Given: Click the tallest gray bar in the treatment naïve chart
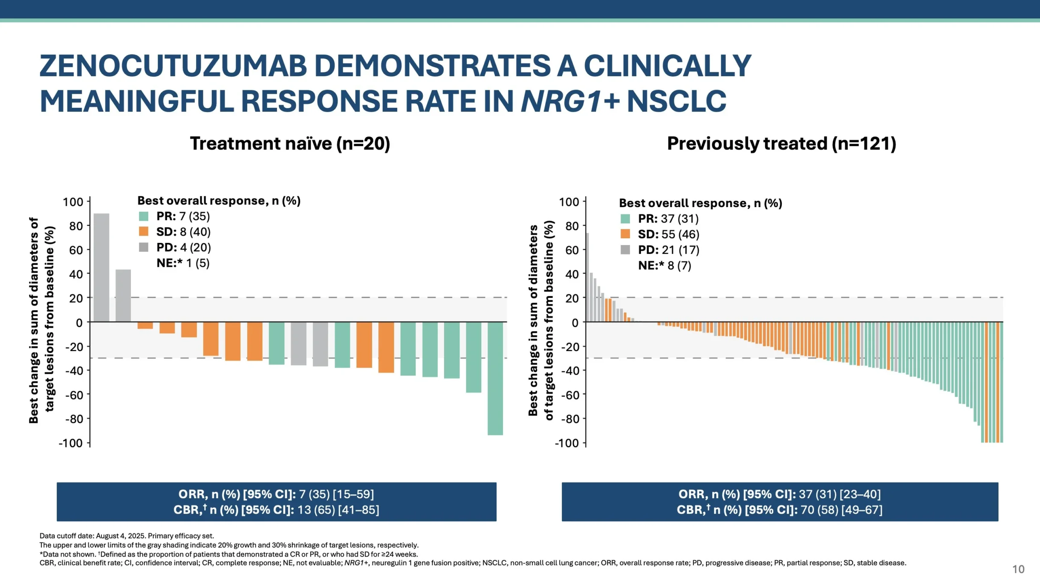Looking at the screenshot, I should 101,268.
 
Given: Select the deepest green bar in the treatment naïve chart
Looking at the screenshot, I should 495,378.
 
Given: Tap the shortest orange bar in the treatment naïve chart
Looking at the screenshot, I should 145,326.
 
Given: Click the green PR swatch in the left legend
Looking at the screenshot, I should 144,216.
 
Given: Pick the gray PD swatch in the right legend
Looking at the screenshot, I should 625,250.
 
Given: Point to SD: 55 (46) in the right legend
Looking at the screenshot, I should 668,234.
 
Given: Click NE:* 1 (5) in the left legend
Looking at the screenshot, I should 183,263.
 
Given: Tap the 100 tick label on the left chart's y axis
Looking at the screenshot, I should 73,202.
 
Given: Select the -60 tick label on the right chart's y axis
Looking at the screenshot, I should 569,395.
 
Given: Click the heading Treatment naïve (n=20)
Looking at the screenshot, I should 290,144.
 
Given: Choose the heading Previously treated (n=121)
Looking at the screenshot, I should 781,144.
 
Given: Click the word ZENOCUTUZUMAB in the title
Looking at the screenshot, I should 173,66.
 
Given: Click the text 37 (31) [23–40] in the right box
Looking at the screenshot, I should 839,494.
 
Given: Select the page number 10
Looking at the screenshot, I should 1018,569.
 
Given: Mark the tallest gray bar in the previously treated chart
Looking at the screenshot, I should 587,277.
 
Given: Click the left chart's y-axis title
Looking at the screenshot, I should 41,320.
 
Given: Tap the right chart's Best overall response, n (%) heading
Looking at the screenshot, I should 700,203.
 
